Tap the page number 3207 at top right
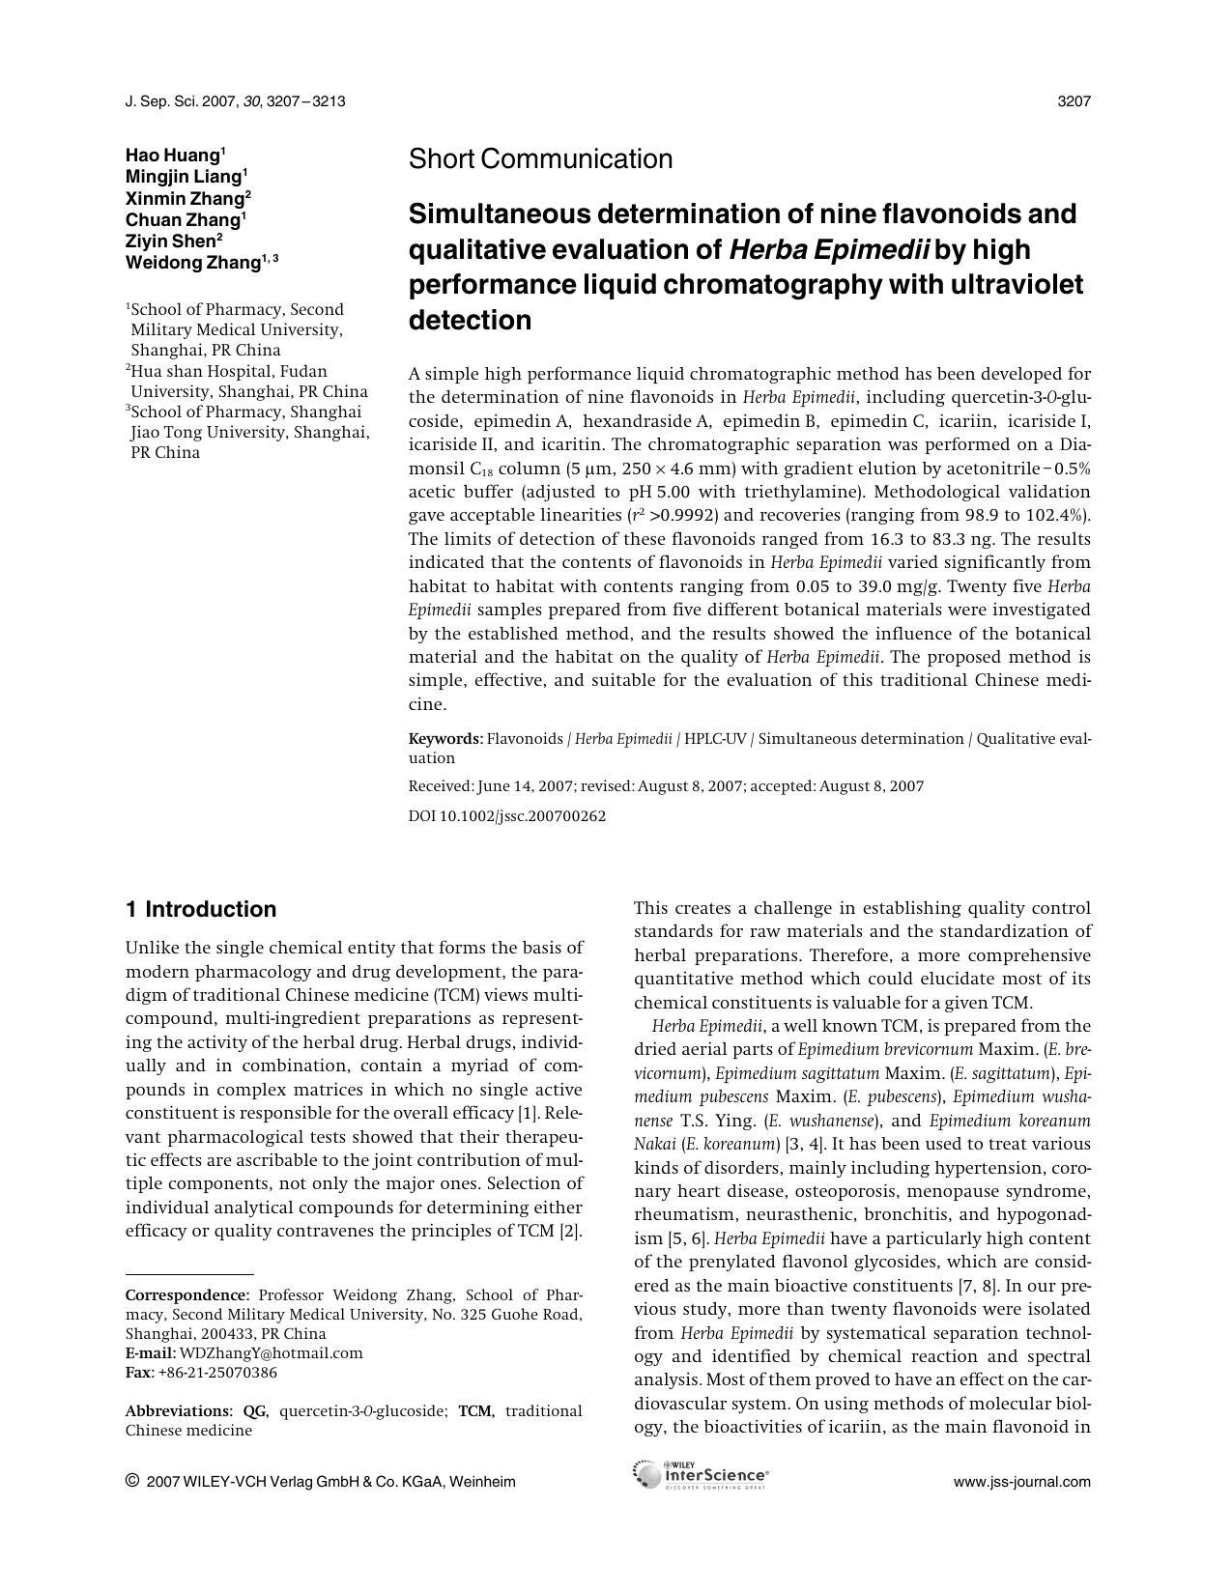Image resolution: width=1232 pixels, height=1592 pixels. tap(1074, 101)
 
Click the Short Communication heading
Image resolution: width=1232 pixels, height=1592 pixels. tap(540, 159)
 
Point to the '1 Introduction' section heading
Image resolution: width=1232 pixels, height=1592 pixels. tap(201, 909)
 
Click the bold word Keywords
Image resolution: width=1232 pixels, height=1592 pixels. tap(444, 739)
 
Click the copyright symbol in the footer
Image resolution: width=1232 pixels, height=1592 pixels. tap(132, 1481)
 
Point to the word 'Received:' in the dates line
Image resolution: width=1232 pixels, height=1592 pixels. tap(441, 786)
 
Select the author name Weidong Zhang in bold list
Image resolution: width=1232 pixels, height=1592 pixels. tap(193, 263)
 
